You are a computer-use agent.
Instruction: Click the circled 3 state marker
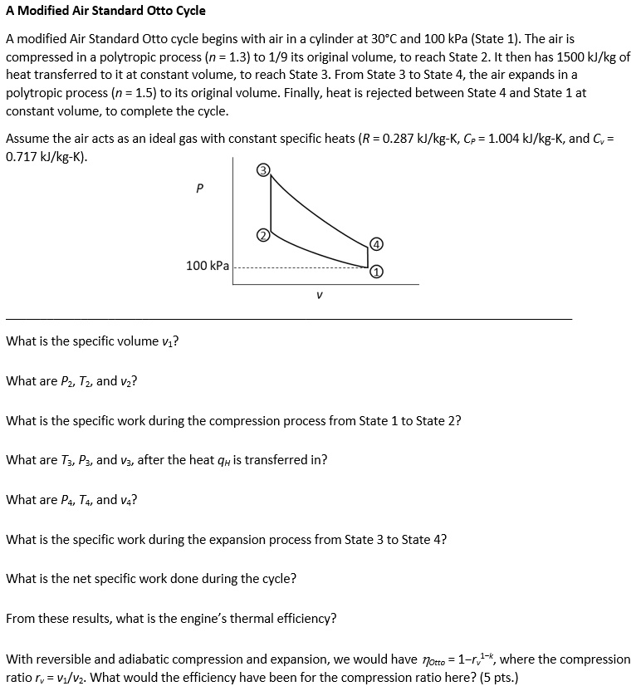pyautogui.click(x=263, y=170)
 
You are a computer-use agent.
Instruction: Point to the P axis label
pyautogui.click(x=198, y=189)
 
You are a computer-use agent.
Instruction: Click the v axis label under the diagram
pyautogui.click(x=319, y=294)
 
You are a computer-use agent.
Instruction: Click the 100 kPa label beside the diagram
pyautogui.click(x=208, y=266)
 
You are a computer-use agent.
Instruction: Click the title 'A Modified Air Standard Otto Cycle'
pyautogui.click(x=105, y=11)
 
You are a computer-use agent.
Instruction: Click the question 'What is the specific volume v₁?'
pyautogui.click(x=94, y=341)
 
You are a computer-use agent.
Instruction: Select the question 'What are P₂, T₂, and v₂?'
pyautogui.click(x=71, y=381)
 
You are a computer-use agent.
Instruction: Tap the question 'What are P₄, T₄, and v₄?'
pyautogui.click(x=71, y=500)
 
